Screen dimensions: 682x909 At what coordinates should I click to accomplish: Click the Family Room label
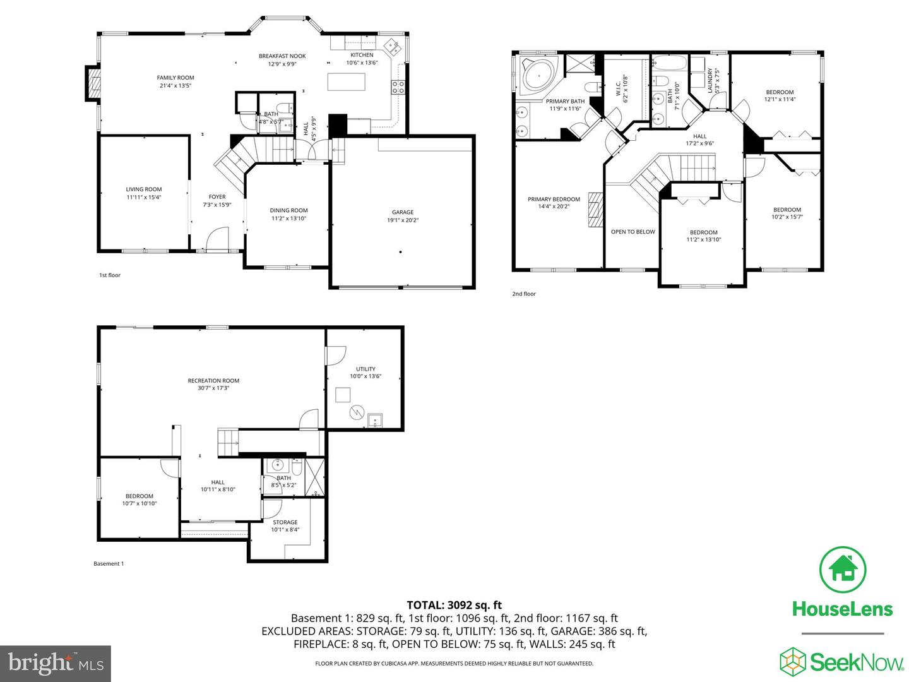(x=175, y=78)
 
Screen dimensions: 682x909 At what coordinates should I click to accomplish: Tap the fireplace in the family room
(x=93, y=83)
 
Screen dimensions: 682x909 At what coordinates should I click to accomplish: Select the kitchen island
(x=346, y=82)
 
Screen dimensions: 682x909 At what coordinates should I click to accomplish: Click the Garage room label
(x=403, y=212)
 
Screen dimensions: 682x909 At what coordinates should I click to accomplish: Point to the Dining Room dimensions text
(x=288, y=218)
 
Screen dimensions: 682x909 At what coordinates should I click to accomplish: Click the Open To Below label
(x=633, y=232)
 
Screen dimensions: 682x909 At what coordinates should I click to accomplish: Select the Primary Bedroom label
(x=554, y=199)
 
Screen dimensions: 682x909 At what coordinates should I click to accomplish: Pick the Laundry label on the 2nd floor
(x=710, y=80)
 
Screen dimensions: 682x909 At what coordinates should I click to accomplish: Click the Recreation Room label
(x=213, y=381)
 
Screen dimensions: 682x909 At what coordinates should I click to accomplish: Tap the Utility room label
(x=365, y=369)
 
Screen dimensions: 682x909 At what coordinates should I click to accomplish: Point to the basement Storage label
(x=285, y=522)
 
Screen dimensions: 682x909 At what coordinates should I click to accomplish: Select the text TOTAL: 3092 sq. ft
(x=454, y=605)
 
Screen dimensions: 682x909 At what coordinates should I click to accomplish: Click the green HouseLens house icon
(x=842, y=570)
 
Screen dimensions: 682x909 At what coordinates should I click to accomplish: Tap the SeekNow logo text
(x=857, y=662)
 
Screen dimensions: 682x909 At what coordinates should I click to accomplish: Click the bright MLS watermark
(x=56, y=663)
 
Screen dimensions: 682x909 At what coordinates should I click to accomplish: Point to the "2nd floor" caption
(x=524, y=294)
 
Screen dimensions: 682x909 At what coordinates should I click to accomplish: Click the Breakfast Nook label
(x=282, y=56)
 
